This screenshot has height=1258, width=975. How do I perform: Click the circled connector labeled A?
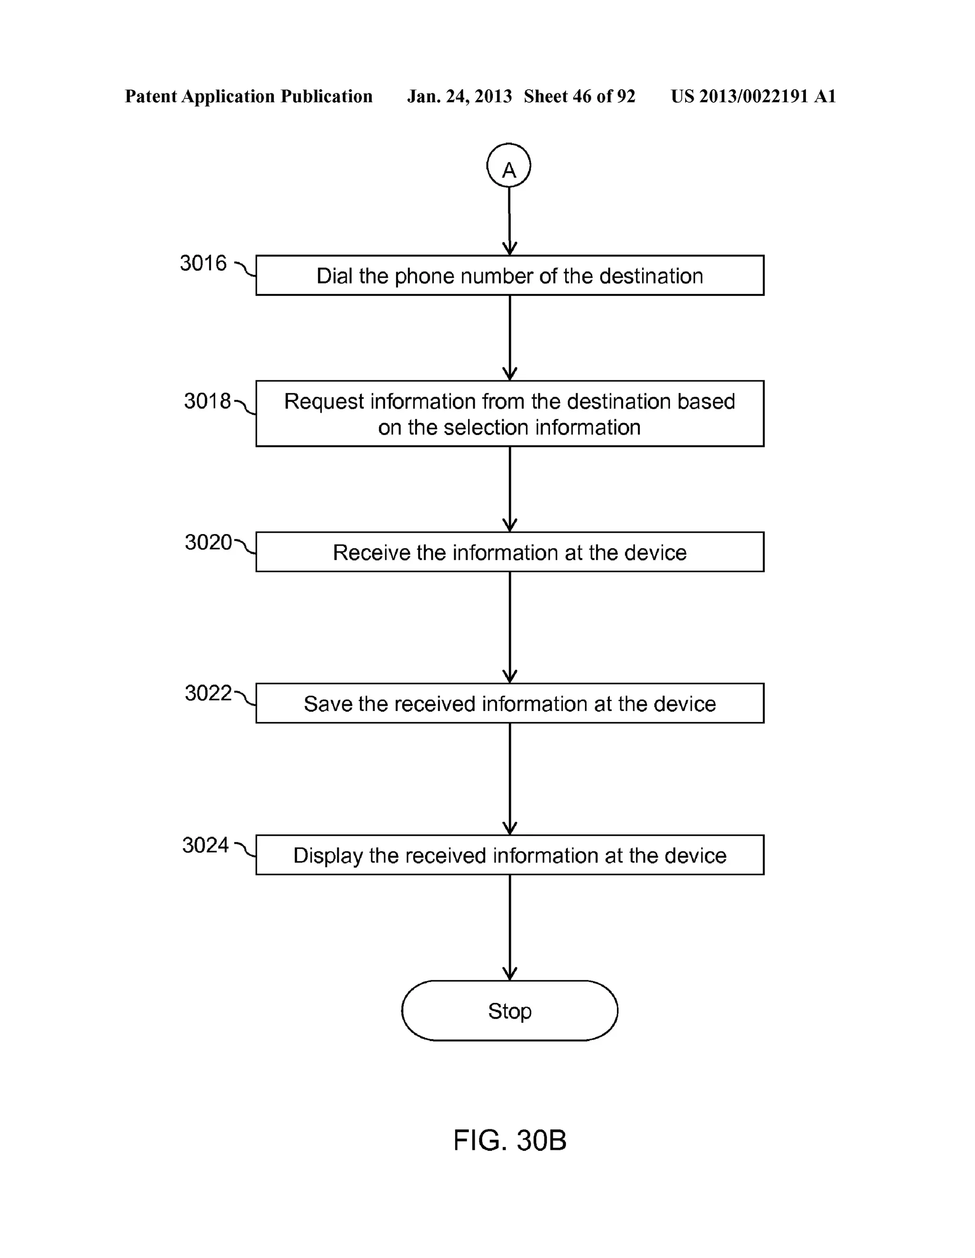[508, 165]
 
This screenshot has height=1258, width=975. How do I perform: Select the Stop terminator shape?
[509, 1010]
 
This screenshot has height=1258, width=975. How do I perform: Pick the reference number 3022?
[207, 693]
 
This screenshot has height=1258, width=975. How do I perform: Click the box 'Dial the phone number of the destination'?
[509, 275]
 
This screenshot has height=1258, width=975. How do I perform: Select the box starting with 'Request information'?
[509, 414]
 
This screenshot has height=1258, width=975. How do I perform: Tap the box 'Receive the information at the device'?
[509, 552]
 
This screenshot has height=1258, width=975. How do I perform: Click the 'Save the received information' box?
[509, 703]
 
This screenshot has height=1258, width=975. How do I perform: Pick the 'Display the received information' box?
[509, 855]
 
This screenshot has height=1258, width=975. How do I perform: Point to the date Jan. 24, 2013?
[459, 96]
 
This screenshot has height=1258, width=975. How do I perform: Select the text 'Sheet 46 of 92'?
[579, 96]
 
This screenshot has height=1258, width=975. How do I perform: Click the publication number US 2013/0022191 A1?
[753, 96]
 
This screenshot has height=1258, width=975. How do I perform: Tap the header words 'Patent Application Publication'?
[249, 96]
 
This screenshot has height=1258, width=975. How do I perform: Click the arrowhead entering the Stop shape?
[509, 974]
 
